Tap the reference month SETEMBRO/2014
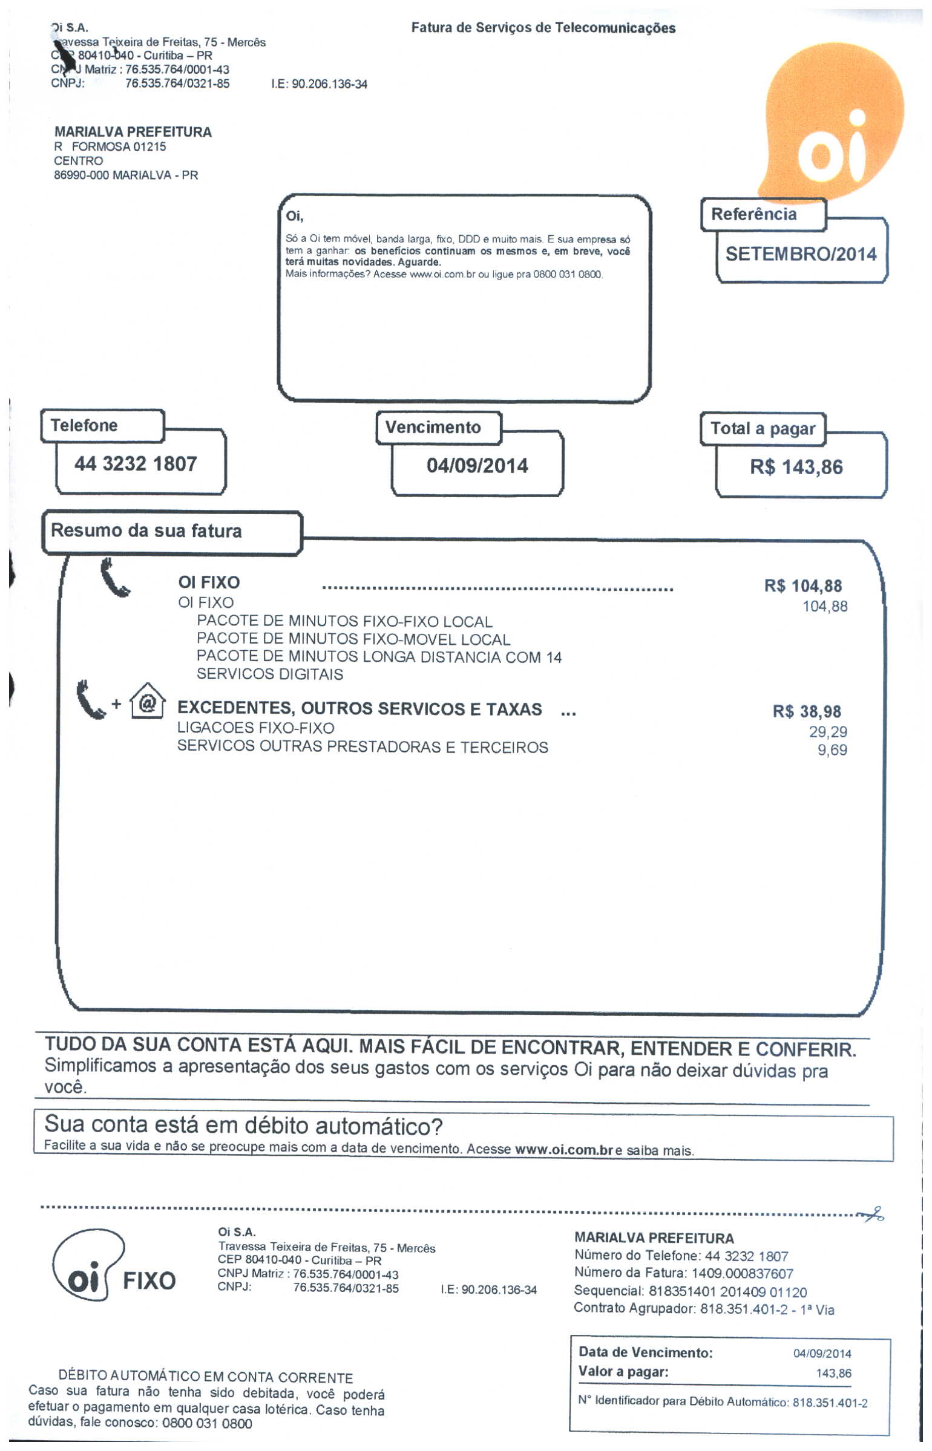coord(801,254)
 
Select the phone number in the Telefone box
coord(136,464)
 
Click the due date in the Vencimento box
coord(477,466)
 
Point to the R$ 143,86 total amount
coord(796,468)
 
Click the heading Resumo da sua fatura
coord(146,531)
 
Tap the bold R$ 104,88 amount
coord(802,586)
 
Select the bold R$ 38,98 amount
coord(807,712)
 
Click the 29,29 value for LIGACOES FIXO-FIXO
coord(828,732)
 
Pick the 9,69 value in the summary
coord(832,750)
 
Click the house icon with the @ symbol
coord(148,702)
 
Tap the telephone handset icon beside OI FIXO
coord(114,579)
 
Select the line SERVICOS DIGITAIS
coord(270,674)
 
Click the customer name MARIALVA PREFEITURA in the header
coord(133,132)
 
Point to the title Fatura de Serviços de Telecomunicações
coord(543,28)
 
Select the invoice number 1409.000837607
coord(742,1274)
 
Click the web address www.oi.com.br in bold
coord(564,1150)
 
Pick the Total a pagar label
coord(763,429)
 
